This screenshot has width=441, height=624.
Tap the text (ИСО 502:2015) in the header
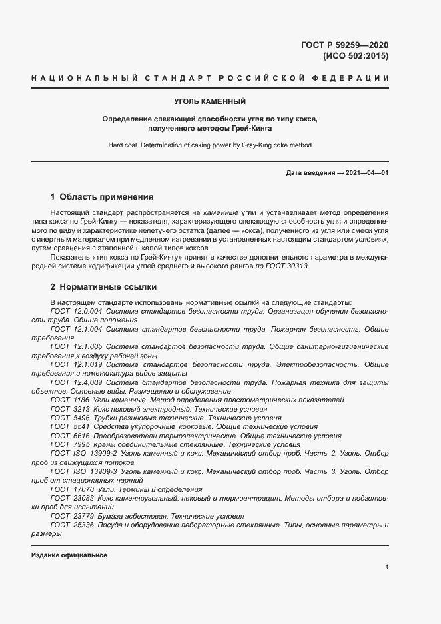pos(355,56)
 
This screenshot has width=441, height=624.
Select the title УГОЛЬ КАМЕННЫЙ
pos(210,102)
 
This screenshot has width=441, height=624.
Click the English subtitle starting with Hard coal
pos(210,145)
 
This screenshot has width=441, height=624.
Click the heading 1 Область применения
pos(102,197)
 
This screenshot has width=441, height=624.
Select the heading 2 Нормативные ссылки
pos(103,287)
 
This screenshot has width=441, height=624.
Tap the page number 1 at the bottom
pos(387,567)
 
